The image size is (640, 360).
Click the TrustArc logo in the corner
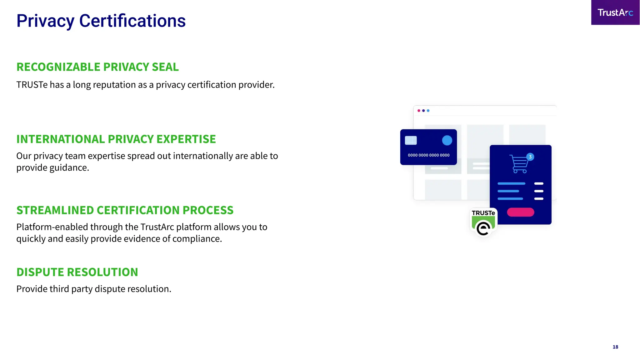615,12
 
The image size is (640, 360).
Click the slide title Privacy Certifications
101,21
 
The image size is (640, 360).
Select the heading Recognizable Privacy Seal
97,67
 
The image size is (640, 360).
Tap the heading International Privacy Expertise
116,139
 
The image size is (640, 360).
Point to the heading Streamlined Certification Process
125,210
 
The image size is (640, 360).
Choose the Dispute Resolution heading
77,272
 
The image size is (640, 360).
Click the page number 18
615,347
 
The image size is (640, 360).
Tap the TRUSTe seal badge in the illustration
483,222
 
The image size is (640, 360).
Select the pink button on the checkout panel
520,212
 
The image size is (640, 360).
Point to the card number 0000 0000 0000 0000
428,155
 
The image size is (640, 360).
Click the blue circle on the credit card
447,140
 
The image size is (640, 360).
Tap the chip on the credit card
411,140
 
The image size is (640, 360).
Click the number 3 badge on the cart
530,157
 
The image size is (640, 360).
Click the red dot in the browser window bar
419,111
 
